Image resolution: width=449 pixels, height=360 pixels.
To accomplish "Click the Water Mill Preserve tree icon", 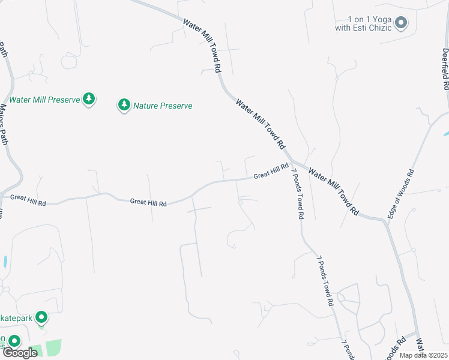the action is (89, 99).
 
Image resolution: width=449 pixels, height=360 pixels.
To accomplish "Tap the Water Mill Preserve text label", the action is (44, 100).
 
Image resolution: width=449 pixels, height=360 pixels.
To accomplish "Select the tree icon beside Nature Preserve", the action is (124, 106).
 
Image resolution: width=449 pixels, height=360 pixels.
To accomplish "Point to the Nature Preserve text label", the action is (163, 106).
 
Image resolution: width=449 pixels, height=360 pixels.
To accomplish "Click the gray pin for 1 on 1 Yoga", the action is (402, 23).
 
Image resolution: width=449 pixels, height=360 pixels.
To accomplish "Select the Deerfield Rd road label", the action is (445, 69).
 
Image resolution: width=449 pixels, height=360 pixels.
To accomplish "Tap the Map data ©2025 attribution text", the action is (424, 355).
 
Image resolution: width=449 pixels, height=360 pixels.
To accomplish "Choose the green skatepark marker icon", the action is (41, 317).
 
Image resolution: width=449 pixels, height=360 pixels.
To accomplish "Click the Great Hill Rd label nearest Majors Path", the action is (28, 200).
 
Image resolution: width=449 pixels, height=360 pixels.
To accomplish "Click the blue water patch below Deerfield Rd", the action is (445, 131).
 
